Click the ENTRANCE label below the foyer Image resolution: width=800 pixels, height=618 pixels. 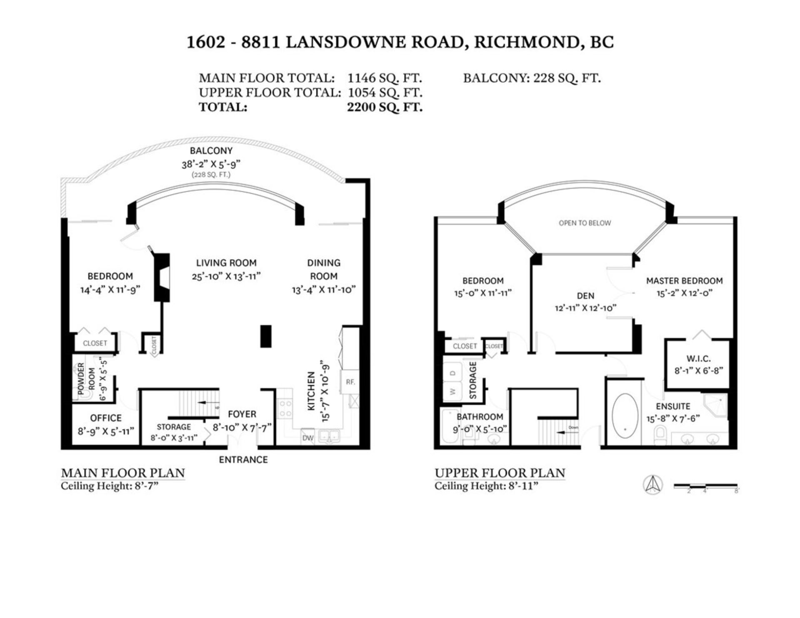click(x=243, y=459)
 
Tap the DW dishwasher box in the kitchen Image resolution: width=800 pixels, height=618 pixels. click(x=307, y=438)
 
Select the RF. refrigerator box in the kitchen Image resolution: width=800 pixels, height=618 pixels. click(x=350, y=381)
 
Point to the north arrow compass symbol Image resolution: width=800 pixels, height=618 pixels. click(x=652, y=485)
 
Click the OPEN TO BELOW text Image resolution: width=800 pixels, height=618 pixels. click(x=585, y=223)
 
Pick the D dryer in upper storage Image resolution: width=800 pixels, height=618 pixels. click(x=454, y=372)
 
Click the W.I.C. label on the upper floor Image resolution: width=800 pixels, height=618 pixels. click(x=698, y=359)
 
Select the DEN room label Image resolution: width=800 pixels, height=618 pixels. click(x=585, y=296)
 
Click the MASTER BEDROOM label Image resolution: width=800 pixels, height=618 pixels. click(x=684, y=281)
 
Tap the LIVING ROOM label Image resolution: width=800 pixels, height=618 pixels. click(x=226, y=263)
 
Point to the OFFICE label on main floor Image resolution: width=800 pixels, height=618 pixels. click(x=106, y=418)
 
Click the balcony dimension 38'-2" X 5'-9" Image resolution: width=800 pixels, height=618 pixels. click(x=211, y=164)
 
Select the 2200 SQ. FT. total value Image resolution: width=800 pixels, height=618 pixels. click(x=385, y=107)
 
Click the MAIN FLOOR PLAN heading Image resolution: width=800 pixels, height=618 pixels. click(x=123, y=473)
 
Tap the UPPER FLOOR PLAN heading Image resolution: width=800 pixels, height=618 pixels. click(x=500, y=473)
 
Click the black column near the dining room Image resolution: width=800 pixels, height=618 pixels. click(x=266, y=336)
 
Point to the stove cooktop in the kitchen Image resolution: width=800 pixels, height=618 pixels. click(x=285, y=409)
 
